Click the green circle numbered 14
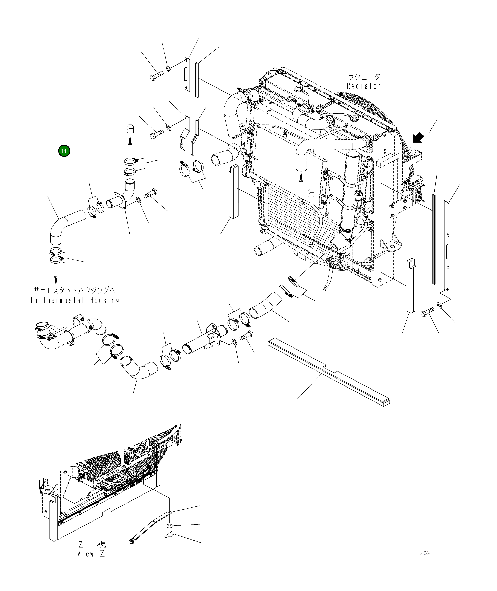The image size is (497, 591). pyautogui.click(x=64, y=151)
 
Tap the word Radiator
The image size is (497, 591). pyautogui.click(x=364, y=86)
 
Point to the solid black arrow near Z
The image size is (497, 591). pyautogui.click(x=418, y=138)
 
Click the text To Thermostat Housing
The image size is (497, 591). pyautogui.click(x=74, y=300)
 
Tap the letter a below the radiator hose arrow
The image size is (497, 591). pyautogui.click(x=311, y=193)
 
